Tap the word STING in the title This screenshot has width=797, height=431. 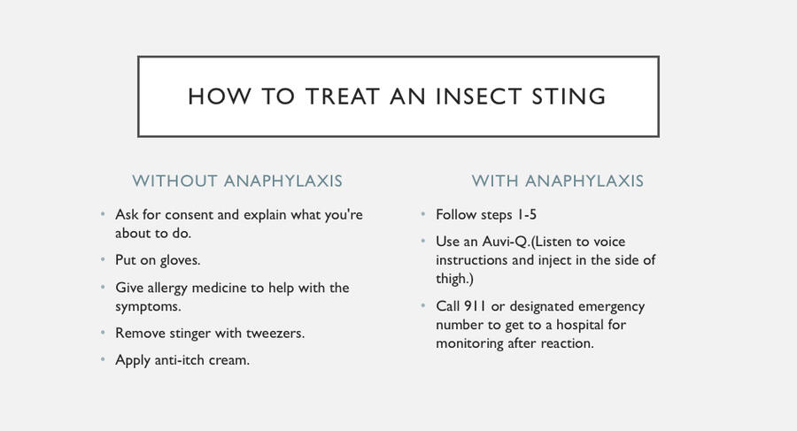click(569, 96)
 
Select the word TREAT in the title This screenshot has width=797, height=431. click(342, 96)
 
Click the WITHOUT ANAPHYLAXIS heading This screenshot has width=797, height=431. click(237, 181)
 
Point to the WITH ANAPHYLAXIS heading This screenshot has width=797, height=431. click(558, 181)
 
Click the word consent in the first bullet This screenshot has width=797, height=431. click(189, 215)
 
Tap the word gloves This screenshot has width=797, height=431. click(180, 261)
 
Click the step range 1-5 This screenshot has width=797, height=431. click(526, 215)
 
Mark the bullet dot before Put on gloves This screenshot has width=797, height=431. click(103, 259)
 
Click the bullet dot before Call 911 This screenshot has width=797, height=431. click(423, 306)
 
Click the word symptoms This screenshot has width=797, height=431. click(148, 307)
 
